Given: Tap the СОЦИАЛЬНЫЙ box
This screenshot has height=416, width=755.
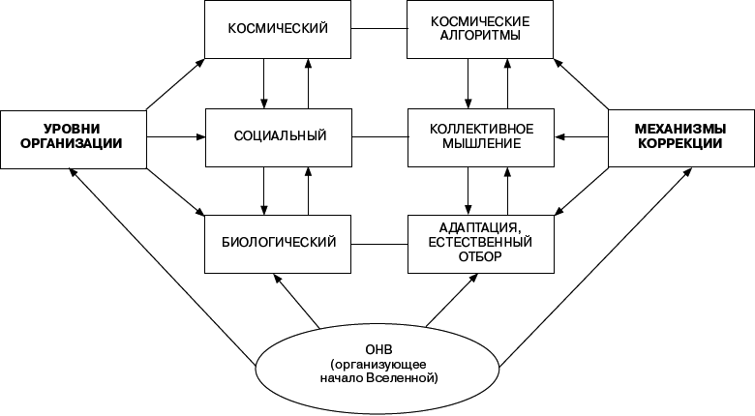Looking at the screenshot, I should (276, 135).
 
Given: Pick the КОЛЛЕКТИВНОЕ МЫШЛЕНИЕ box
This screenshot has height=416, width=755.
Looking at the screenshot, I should (479, 135).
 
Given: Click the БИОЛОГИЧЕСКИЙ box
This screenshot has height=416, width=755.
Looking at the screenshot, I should (276, 241).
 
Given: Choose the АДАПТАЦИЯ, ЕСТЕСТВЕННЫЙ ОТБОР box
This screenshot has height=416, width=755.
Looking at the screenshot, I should (479, 241).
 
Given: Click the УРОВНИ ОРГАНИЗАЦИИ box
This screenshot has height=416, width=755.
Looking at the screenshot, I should (74, 135).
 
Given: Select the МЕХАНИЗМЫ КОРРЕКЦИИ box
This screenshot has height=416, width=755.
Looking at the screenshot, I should (681, 135).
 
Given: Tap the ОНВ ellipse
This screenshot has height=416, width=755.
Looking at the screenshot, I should (377, 363).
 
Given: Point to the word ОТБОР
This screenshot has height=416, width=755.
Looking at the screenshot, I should (480, 259).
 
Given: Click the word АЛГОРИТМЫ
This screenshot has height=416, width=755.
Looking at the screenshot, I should (480, 37).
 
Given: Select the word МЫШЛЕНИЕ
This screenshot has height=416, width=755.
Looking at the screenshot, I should (480, 143).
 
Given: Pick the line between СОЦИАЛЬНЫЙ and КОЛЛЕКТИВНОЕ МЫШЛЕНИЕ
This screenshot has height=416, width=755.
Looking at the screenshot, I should (377, 135).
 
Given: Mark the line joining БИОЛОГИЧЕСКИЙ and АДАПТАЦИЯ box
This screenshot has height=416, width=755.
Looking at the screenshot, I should (377, 241).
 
